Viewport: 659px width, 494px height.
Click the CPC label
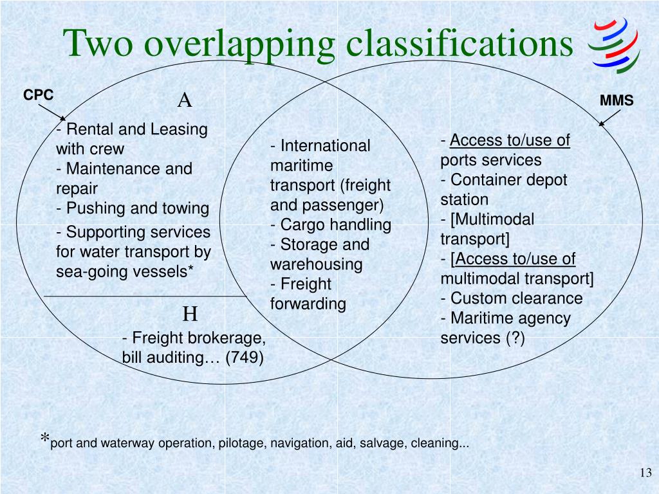point(39,95)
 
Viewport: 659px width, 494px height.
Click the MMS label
point(617,101)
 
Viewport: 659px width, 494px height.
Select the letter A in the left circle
point(185,100)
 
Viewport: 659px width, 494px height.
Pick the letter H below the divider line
point(190,315)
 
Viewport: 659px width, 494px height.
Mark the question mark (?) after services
point(515,338)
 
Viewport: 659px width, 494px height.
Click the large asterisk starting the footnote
point(44,440)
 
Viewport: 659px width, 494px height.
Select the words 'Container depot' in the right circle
point(508,180)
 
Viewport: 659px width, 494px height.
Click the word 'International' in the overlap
point(325,146)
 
